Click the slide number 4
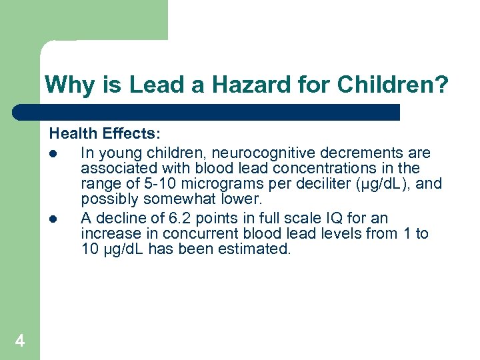click(x=20, y=341)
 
